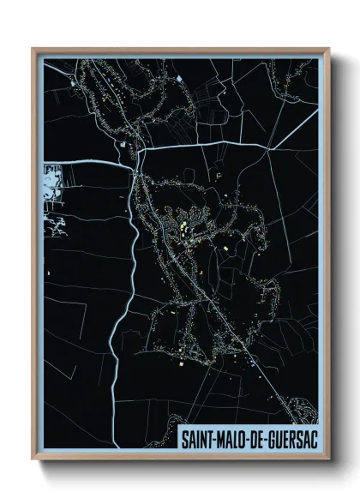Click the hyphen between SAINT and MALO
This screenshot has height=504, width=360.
(x=216, y=438)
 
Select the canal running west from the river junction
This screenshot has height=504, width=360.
(x=86, y=160)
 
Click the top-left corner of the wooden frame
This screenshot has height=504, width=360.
(x=33, y=49)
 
